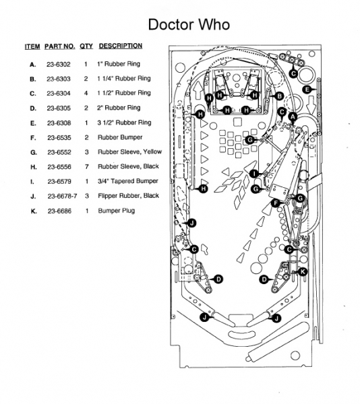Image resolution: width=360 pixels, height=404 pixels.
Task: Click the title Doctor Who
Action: [189, 24]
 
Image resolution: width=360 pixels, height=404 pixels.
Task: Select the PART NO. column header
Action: [59, 46]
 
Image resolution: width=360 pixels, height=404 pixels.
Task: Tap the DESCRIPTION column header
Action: [121, 46]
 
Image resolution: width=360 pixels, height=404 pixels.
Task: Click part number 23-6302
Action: [58, 64]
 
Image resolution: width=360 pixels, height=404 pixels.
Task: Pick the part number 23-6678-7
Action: [62, 197]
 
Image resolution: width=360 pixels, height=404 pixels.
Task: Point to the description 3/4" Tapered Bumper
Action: [127, 181]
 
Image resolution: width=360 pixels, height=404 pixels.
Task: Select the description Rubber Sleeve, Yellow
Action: [129, 152]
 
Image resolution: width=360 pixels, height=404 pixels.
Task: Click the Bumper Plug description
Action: [117, 211]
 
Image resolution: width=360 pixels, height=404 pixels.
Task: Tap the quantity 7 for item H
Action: [87, 167]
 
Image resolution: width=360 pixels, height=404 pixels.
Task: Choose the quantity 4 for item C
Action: [86, 94]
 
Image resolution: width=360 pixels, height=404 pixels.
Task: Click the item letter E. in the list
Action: [33, 123]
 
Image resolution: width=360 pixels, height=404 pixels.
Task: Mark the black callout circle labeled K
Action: [303, 271]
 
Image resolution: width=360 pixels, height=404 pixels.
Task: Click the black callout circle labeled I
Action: [254, 174]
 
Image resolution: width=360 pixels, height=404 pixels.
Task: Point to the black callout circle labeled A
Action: [293, 117]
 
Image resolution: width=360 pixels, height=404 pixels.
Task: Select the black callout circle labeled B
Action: [279, 96]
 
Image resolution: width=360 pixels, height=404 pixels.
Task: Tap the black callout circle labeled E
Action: [307, 90]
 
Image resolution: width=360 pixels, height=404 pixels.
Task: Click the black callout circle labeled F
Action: [276, 203]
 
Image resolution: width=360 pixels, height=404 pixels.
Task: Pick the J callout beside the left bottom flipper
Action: [204, 317]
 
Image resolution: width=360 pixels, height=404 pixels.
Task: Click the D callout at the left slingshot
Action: [218, 279]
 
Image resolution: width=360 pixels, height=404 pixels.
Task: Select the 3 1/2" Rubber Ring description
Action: [124, 123]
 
